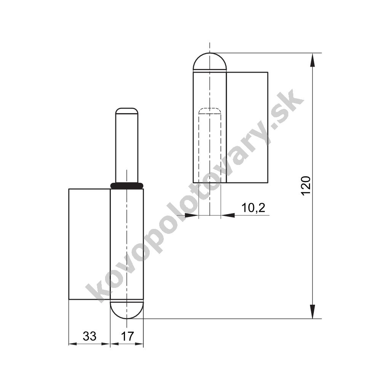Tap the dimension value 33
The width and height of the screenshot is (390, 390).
pos(90,336)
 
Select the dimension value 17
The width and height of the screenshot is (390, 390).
pos(127,336)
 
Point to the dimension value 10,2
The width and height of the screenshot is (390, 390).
pos(253,208)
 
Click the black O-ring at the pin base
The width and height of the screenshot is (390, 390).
pos(127,185)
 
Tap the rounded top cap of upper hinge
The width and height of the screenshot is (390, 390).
pos(210,62)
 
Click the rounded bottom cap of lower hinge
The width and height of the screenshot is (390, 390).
pos(126,309)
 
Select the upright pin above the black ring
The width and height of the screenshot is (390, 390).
pos(126,145)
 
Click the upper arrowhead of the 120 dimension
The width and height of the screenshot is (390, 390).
pos(312,60)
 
